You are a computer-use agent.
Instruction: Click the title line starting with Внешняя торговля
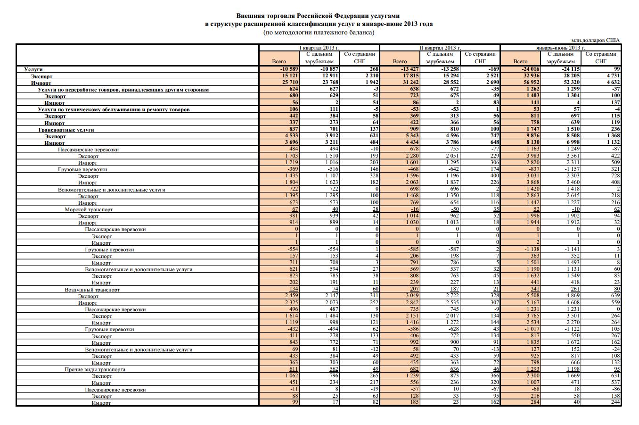(318, 16)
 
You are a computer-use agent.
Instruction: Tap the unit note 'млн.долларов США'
(595, 41)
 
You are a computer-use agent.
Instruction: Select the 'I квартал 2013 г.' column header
(319, 48)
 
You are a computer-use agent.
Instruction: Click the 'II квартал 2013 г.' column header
(440, 48)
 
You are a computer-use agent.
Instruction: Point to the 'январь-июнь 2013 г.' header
(560, 48)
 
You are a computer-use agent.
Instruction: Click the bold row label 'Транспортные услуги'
(66, 129)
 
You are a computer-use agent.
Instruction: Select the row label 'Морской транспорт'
(89, 209)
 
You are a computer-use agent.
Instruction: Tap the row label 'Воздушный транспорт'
(92, 290)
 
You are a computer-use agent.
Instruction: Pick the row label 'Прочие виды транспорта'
(95, 369)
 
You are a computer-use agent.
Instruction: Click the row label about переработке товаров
(123, 89)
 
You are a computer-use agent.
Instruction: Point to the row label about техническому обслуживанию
(114, 109)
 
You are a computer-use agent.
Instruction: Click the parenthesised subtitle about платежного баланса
(319, 33)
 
